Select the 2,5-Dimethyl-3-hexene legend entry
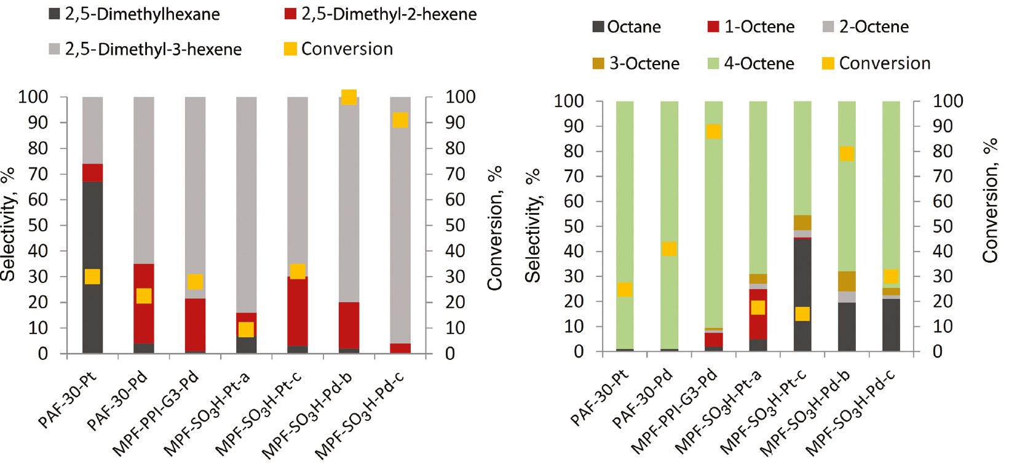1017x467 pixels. tap(145, 49)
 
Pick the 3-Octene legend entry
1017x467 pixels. tap(636, 63)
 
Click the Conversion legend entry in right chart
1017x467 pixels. tap(876, 63)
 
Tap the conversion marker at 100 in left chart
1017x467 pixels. tap(349, 97)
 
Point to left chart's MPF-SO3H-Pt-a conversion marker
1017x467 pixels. tap(246, 329)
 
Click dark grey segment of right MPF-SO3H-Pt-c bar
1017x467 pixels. tap(802, 277)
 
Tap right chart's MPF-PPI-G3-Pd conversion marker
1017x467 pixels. tap(714, 131)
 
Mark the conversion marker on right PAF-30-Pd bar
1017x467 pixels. tap(670, 249)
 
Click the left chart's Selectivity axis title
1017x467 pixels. tap(8, 225)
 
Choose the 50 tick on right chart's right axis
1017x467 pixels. tap(942, 226)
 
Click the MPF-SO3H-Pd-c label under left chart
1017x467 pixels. tap(360, 416)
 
